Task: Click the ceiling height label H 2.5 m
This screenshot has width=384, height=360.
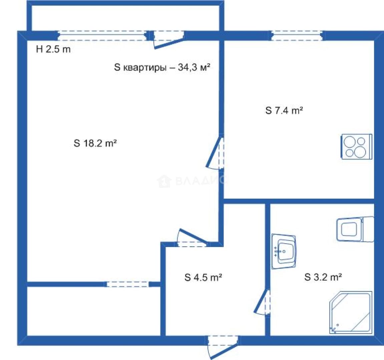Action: coord(53,49)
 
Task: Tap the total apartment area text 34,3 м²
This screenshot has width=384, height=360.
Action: coord(194,67)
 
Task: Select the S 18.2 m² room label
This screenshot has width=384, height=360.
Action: coord(95,143)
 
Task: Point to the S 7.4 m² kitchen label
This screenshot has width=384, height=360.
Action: coord(284,110)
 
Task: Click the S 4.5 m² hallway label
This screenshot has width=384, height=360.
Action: coord(203,277)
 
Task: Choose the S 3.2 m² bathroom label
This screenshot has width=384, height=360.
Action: coord(323,277)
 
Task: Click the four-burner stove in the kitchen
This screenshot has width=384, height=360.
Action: coord(357,147)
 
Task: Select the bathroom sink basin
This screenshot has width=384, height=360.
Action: coord(284,251)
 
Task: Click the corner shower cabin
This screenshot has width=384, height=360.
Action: coord(351,313)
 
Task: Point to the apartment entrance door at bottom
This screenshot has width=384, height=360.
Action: coord(223,347)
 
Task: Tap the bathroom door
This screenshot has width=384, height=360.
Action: coord(262,302)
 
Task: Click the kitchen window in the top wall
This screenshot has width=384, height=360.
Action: coord(297,36)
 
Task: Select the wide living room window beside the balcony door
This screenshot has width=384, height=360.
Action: coord(102,36)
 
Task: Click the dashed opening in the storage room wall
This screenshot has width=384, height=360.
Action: coord(127,284)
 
